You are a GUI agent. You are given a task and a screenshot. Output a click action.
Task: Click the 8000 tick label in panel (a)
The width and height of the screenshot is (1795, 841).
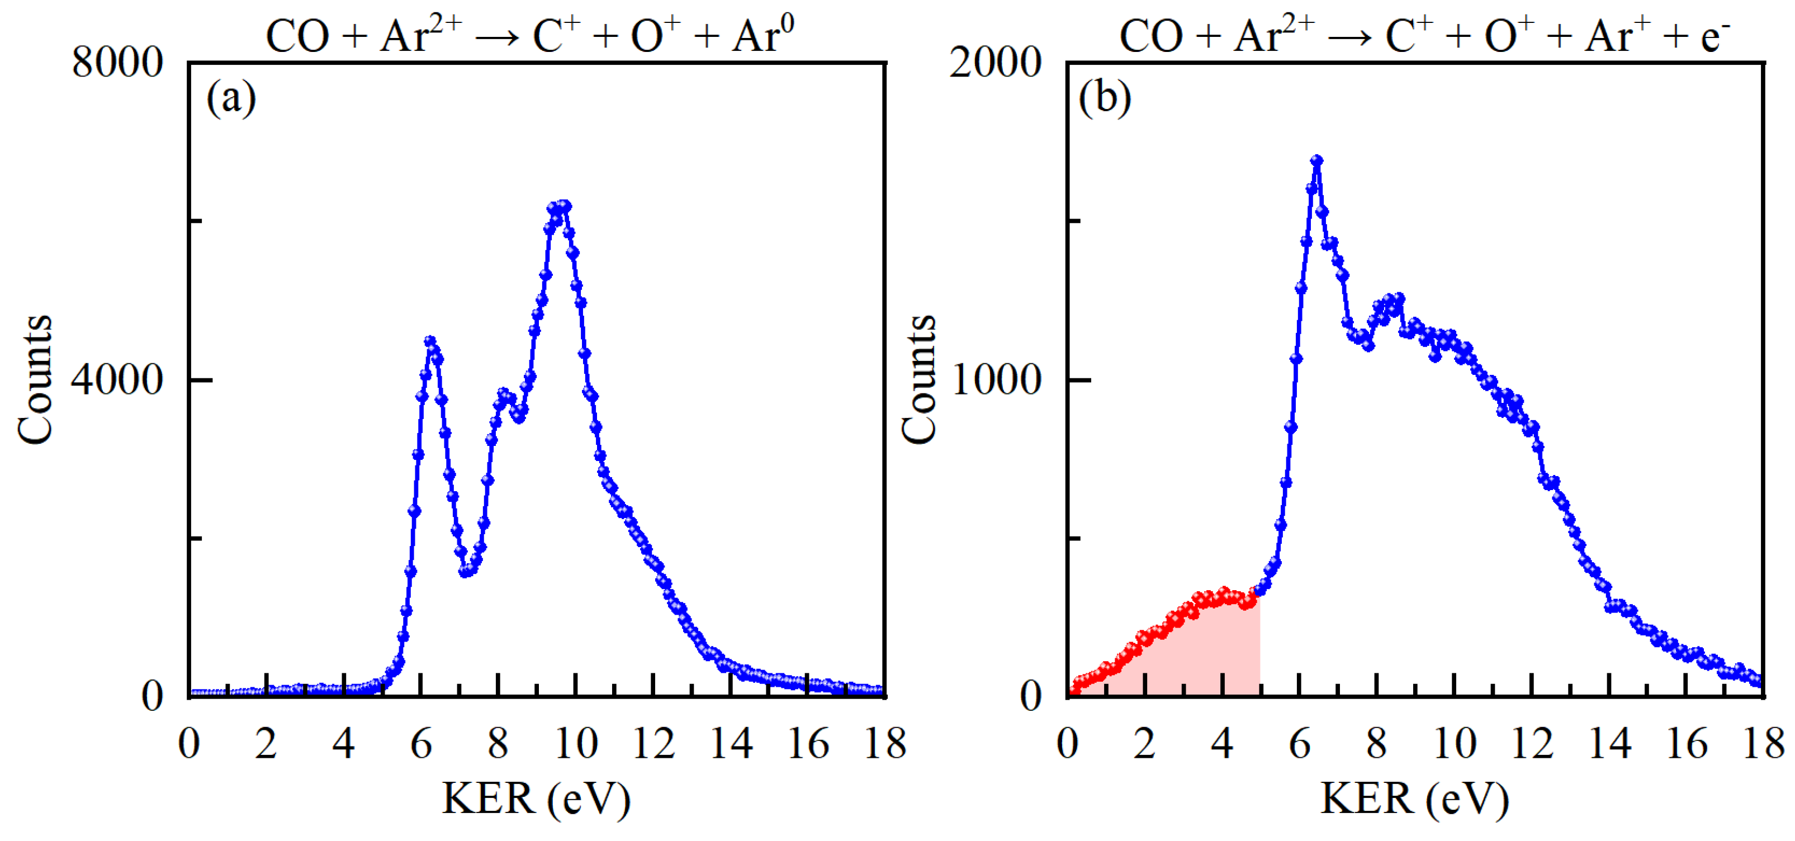117,62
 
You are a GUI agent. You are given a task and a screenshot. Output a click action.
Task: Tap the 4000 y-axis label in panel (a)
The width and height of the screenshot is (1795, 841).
117,380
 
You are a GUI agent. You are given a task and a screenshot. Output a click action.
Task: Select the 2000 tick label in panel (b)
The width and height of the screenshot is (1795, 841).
994,62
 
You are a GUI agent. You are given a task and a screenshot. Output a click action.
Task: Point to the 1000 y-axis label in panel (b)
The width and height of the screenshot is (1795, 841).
996,380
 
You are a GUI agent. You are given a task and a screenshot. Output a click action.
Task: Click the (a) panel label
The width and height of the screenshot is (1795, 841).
231,98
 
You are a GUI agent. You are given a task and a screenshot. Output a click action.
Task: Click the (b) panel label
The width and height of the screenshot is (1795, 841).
1105,98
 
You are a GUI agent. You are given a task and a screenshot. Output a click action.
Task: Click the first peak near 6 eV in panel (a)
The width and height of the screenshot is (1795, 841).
430,341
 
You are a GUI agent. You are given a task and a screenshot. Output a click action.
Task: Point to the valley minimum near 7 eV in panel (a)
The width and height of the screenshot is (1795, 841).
466,571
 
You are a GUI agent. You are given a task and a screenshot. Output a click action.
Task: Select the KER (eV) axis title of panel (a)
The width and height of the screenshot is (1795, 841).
536,799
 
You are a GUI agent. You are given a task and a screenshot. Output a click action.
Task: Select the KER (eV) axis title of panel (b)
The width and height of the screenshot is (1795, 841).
1414,799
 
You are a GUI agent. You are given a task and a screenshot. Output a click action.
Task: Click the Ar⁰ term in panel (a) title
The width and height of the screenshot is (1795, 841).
763,35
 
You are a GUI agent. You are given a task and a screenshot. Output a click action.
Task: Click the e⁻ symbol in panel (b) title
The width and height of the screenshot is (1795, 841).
1716,35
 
